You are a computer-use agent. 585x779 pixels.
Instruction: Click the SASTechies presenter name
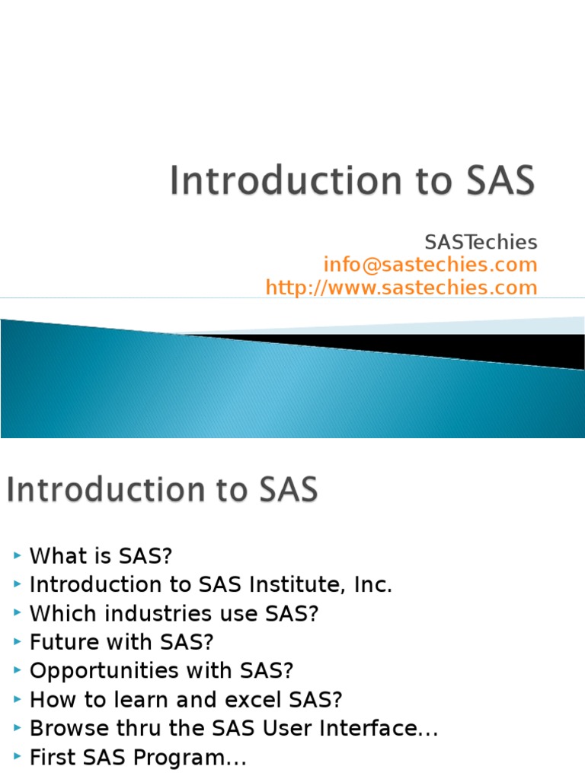click(481, 243)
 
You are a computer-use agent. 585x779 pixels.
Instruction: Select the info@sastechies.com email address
click(430, 265)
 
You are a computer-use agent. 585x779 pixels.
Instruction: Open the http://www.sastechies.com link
click(401, 288)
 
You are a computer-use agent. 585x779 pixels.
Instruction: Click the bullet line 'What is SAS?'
click(101, 556)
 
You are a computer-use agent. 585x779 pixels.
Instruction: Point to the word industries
click(145, 614)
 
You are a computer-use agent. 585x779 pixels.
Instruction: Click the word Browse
click(65, 729)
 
